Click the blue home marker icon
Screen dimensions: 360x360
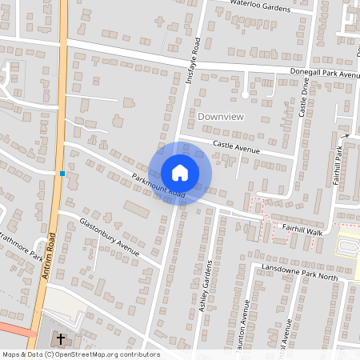tap(180, 173)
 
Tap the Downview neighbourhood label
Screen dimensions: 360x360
tap(221, 117)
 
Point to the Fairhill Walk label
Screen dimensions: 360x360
tap(301, 230)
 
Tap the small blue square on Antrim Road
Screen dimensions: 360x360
tap(62, 173)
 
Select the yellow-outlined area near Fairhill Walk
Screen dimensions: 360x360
tap(346, 245)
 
